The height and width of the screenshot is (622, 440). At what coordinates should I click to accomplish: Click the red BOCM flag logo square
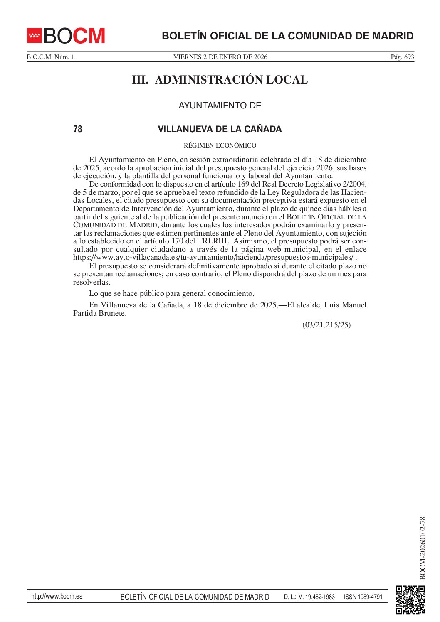tap(34, 36)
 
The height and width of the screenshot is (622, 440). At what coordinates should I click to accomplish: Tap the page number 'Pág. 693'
tap(402, 57)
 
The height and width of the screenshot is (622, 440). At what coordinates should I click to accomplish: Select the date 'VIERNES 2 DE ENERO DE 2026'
tap(220, 57)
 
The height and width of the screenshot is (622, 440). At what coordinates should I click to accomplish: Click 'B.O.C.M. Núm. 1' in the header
tap(50, 57)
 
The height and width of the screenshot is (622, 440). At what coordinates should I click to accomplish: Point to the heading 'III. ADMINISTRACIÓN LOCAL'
tap(220, 80)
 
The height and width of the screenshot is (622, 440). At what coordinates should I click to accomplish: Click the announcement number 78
tap(78, 129)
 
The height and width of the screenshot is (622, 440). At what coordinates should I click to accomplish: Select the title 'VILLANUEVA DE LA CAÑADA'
tap(220, 129)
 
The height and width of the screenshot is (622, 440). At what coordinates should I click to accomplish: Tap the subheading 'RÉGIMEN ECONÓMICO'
tap(220, 145)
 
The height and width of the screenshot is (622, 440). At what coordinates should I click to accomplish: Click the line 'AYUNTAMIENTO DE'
tap(220, 106)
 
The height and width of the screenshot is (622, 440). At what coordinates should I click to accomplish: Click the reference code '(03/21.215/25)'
tap(326, 325)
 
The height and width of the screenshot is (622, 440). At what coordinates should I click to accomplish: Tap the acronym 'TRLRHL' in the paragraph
tap(213, 241)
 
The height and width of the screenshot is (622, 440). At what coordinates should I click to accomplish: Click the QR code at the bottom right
tap(410, 599)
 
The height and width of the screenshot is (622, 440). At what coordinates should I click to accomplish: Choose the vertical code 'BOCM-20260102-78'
tap(423, 548)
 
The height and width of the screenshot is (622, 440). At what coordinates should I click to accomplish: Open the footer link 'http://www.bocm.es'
tap(57, 597)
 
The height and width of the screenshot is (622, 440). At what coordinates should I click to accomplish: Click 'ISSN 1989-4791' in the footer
tap(363, 597)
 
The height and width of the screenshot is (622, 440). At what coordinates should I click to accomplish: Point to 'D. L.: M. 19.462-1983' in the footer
tap(309, 597)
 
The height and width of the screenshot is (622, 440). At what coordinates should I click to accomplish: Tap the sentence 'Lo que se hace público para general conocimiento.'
tap(171, 293)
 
